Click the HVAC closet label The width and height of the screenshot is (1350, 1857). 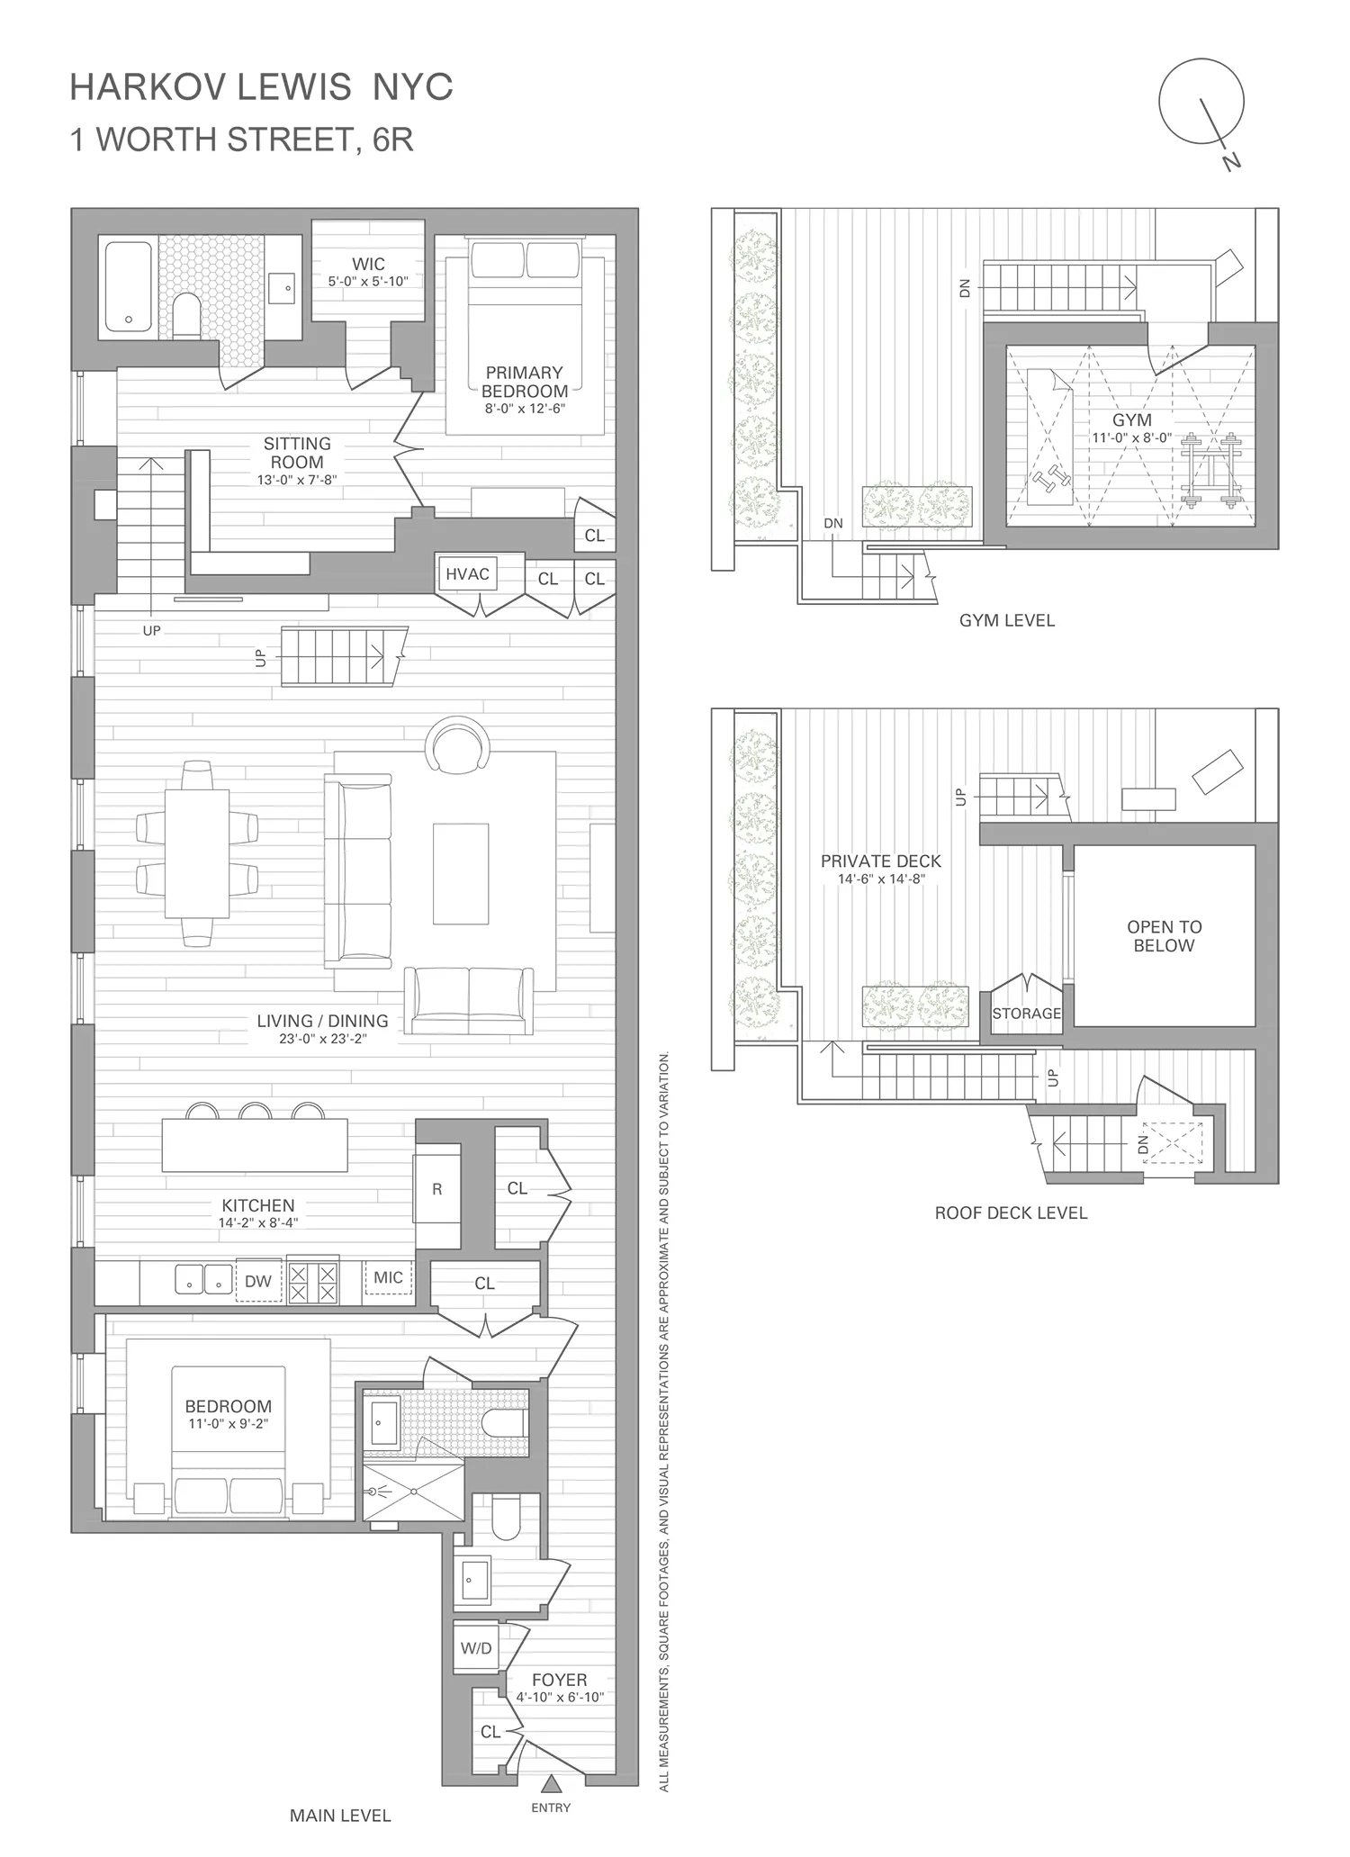coord(467,574)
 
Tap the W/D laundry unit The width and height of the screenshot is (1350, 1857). coord(476,1648)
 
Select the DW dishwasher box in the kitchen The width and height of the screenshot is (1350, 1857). coord(258,1281)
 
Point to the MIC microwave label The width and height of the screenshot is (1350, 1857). coord(389,1277)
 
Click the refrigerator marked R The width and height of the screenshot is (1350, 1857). coord(437,1189)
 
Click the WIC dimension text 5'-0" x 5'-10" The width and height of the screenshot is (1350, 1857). coord(368,282)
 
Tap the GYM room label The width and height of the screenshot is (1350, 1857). coord(1131,420)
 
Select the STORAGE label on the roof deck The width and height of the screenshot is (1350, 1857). coord(1026,1014)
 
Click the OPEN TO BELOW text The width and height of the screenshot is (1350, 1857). coord(1164,936)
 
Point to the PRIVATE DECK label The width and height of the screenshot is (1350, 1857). coord(880,861)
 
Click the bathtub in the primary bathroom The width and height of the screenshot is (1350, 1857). coord(129,286)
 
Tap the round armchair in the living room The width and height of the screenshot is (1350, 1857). coord(458,744)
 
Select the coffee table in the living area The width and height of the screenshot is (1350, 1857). coord(461,873)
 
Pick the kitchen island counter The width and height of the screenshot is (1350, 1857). coord(255,1145)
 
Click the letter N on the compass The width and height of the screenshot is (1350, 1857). coord(1231,161)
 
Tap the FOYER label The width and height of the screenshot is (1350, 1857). coord(559,1681)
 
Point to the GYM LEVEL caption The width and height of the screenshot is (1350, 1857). coord(1006,620)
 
